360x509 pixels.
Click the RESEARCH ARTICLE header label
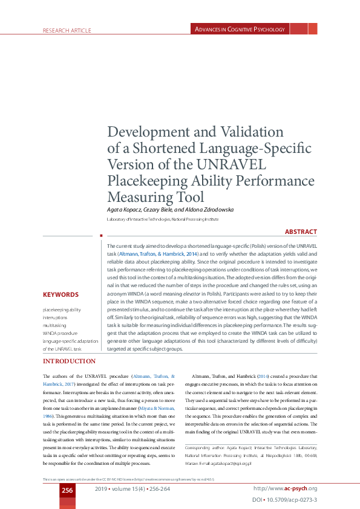click(x=66, y=30)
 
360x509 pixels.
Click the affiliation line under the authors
click(x=162, y=218)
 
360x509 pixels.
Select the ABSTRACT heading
click(x=301, y=232)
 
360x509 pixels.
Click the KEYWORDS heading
click(x=61, y=295)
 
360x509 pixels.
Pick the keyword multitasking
click(x=54, y=325)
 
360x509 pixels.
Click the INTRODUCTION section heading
click(x=69, y=361)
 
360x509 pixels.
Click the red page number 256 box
click(x=67, y=490)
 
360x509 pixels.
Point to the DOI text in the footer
click(x=284, y=501)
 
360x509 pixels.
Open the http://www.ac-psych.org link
click(x=285, y=488)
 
